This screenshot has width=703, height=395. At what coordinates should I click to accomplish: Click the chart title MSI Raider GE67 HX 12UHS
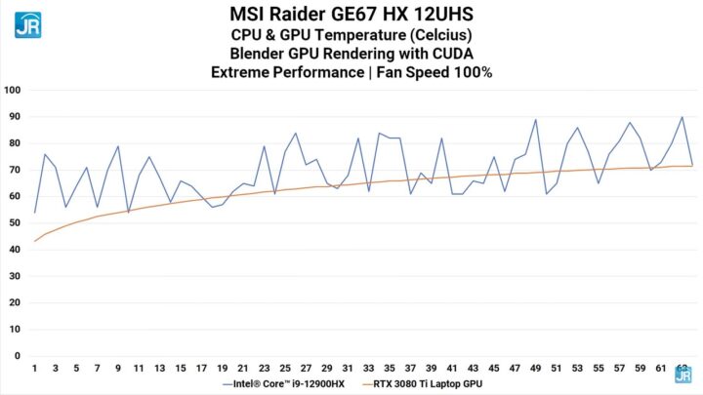[351, 14]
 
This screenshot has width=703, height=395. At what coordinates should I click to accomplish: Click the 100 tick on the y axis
[13, 90]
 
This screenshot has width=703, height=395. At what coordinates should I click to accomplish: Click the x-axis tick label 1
[35, 368]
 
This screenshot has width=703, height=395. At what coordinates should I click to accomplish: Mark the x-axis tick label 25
[285, 368]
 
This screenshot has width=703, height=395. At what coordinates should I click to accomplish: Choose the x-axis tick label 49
[535, 368]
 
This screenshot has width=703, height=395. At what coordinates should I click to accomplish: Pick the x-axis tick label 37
[410, 368]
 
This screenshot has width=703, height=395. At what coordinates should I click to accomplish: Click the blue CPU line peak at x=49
[535, 120]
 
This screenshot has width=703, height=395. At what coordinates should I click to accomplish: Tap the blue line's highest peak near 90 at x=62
[682, 117]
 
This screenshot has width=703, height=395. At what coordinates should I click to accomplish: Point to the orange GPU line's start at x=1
[35, 241]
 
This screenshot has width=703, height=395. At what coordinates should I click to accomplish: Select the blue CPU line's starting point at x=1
[35, 213]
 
